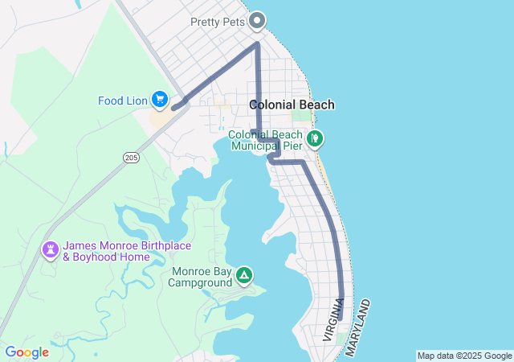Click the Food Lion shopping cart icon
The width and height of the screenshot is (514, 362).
click(x=159, y=99)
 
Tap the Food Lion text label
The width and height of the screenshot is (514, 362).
click(x=122, y=101)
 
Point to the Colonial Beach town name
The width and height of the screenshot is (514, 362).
click(x=292, y=105)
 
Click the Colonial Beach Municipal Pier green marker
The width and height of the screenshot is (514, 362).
click(x=316, y=138)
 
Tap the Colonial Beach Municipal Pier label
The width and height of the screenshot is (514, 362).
click(x=266, y=140)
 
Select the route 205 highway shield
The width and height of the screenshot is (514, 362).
click(x=132, y=158)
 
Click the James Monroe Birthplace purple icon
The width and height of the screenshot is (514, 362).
click(x=51, y=249)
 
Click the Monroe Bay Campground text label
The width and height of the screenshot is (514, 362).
click(x=200, y=277)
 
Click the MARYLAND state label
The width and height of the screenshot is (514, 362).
click(x=358, y=328)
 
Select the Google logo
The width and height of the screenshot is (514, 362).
click(x=27, y=352)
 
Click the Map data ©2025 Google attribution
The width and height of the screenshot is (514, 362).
click(x=464, y=356)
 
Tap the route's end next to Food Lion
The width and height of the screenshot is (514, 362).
click(x=173, y=107)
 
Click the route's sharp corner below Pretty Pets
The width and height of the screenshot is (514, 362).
click(x=256, y=44)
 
